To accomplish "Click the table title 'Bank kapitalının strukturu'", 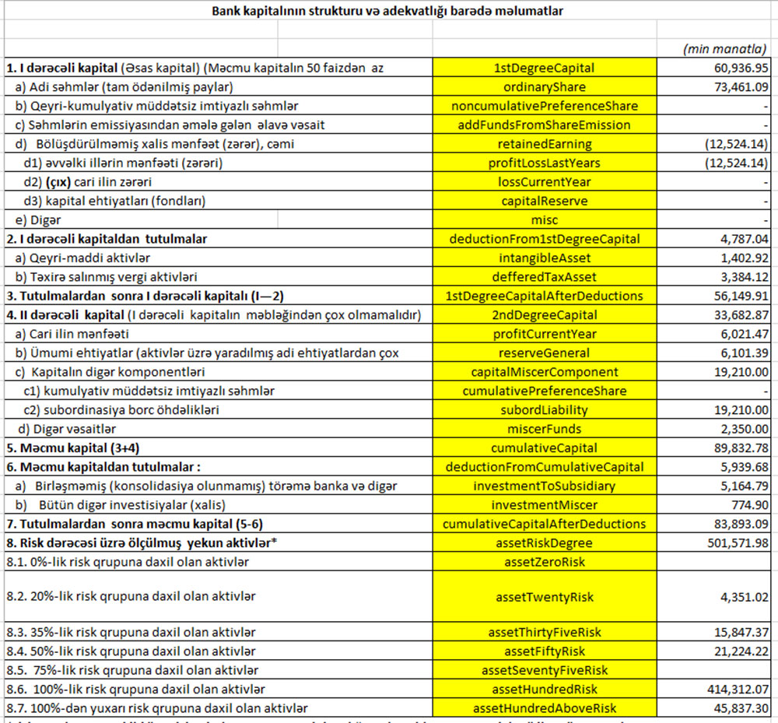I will (388, 12).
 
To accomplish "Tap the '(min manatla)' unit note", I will (724, 49).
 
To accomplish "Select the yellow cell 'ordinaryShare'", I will (544, 87).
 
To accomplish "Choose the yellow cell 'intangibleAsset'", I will (544, 258).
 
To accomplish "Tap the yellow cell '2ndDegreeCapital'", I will (544, 315).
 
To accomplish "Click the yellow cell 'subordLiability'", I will (544, 410).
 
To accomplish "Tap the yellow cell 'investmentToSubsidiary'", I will (544, 486).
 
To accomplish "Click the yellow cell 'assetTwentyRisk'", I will (544, 597).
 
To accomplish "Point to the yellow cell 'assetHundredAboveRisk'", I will (544, 708).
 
